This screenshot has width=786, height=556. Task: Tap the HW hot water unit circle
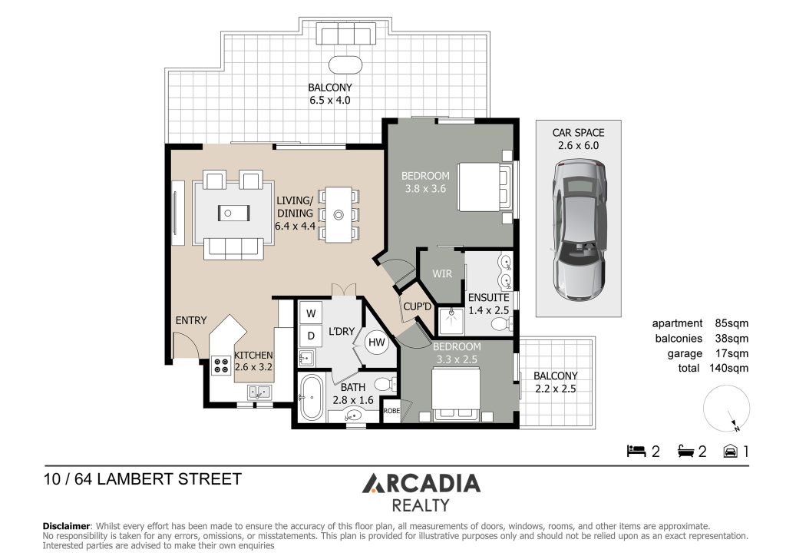coord(376,343)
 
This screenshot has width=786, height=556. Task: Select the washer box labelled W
coord(312,313)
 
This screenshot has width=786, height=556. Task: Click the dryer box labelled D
coord(312,336)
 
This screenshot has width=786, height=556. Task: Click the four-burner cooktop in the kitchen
coord(221,366)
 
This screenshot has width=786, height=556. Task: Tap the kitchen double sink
coord(258,392)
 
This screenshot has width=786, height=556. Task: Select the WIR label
coord(442,274)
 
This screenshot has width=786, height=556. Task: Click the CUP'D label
coord(415,307)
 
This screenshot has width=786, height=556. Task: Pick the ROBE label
coord(392,411)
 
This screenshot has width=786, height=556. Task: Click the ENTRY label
coord(190,320)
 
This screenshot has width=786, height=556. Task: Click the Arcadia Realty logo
coord(421,492)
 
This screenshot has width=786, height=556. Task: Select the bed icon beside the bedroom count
coord(636,451)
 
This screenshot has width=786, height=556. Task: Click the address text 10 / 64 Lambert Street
coord(143,479)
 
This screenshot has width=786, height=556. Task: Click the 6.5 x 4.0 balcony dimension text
coord(329,100)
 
